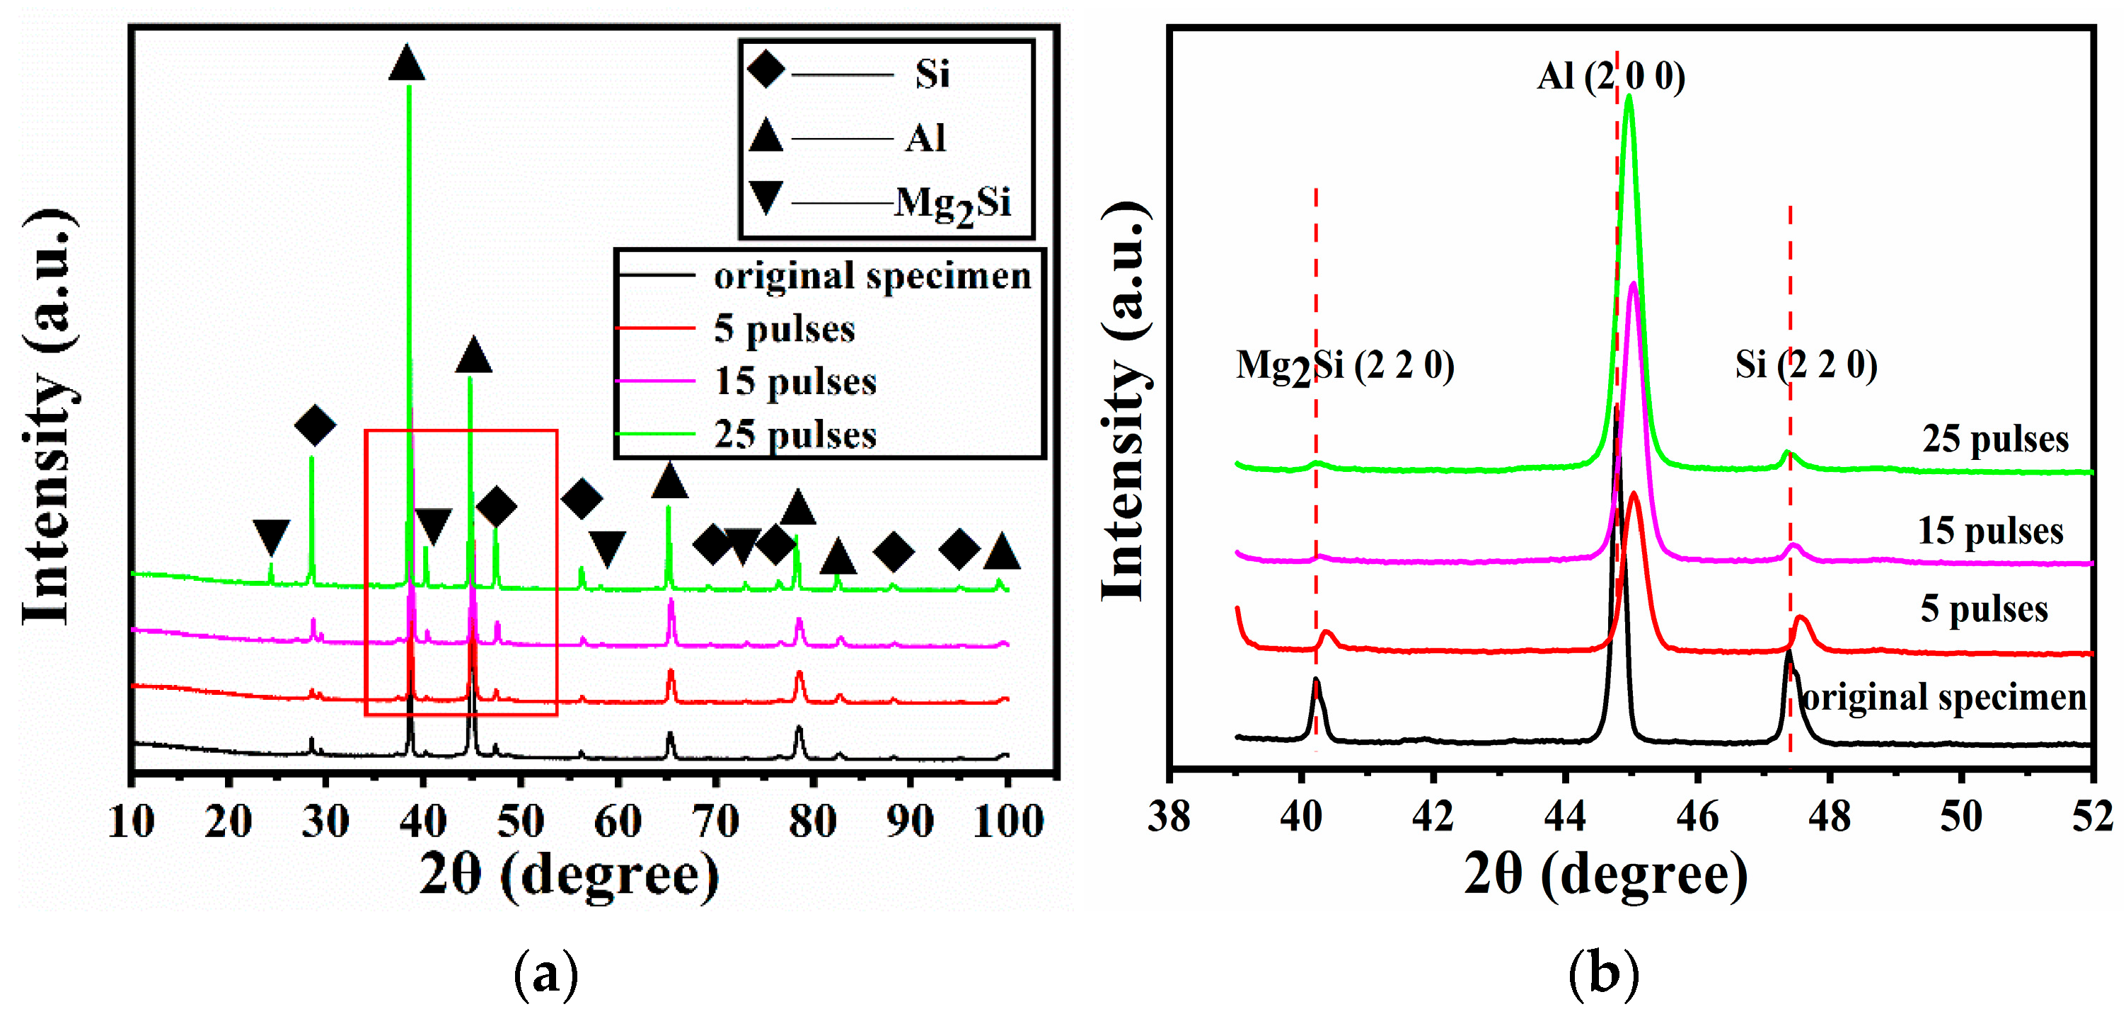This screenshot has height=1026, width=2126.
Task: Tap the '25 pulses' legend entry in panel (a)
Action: click(794, 434)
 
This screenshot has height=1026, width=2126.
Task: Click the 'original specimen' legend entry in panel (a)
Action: click(872, 276)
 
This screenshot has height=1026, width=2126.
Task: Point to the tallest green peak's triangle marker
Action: click(406, 64)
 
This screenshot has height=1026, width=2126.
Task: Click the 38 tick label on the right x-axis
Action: click(1169, 817)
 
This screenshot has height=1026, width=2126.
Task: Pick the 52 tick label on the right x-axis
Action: click(2092, 817)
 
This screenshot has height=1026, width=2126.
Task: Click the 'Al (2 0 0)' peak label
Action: click(1610, 76)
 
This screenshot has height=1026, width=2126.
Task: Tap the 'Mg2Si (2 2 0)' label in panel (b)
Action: click(1344, 366)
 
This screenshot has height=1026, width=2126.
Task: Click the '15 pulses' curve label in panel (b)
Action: click(1990, 530)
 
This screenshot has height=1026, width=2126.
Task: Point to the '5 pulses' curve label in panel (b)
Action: click(1983, 609)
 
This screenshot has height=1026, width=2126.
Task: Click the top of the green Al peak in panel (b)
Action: click(1629, 98)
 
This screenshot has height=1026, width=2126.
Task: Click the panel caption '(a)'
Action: click(545, 974)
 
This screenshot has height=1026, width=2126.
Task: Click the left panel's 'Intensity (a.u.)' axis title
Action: click(50, 417)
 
